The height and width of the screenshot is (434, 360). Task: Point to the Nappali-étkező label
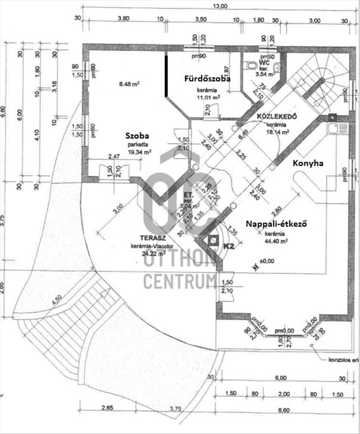tap(276, 224)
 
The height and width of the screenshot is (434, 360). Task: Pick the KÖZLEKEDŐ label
tap(276, 116)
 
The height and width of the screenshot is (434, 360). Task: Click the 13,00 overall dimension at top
tap(220, 6)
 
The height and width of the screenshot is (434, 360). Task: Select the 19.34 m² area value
tap(139, 152)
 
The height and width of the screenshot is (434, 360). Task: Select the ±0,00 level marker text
tap(268, 261)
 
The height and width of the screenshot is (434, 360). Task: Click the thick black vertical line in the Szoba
tap(166, 75)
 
